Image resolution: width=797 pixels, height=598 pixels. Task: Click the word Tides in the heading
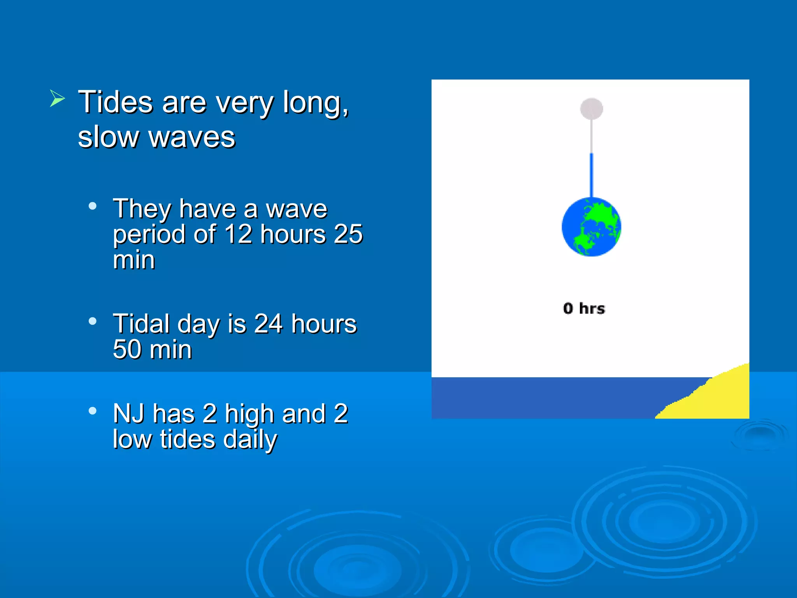(x=116, y=102)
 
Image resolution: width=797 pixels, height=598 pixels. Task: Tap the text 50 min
(x=152, y=349)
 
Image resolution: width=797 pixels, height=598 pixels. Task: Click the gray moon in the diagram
(x=592, y=109)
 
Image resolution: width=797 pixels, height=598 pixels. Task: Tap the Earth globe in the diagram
(x=591, y=227)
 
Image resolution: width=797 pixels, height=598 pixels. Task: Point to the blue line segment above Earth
(x=592, y=175)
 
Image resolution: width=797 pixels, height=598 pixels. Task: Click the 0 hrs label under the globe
(x=584, y=308)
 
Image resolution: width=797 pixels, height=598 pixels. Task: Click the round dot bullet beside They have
(x=93, y=206)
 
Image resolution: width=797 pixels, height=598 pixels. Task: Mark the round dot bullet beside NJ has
(x=93, y=411)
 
